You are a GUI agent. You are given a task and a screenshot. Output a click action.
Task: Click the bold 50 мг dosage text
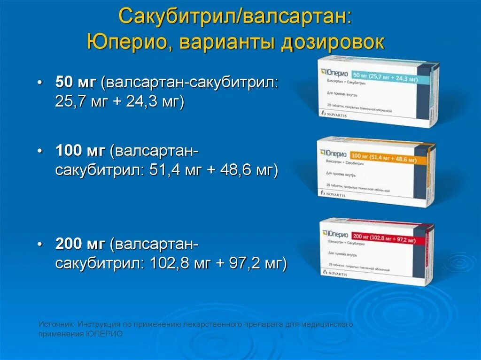[x=76, y=82]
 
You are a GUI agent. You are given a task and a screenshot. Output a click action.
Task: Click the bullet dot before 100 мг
[x=41, y=151]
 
